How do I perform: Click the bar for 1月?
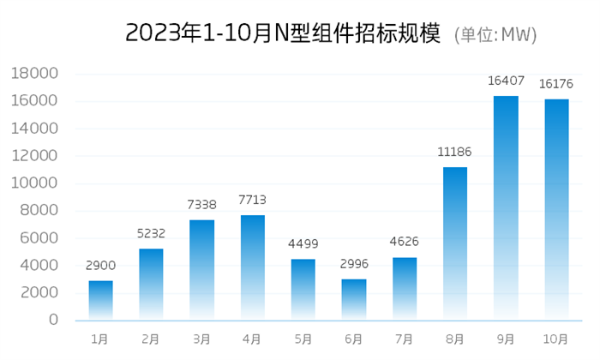point(100,300)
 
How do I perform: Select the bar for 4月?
point(252,267)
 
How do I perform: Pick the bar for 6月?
point(353,299)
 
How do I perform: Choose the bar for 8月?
point(455,243)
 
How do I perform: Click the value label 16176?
point(555,84)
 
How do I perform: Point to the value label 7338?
point(201,205)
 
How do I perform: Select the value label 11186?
point(455,152)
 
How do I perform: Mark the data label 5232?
point(151,233)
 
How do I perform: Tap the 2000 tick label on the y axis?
point(40,292)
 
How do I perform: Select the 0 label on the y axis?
point(53,320)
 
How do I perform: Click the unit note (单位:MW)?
point(495,34)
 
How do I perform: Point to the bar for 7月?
point(404,289)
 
